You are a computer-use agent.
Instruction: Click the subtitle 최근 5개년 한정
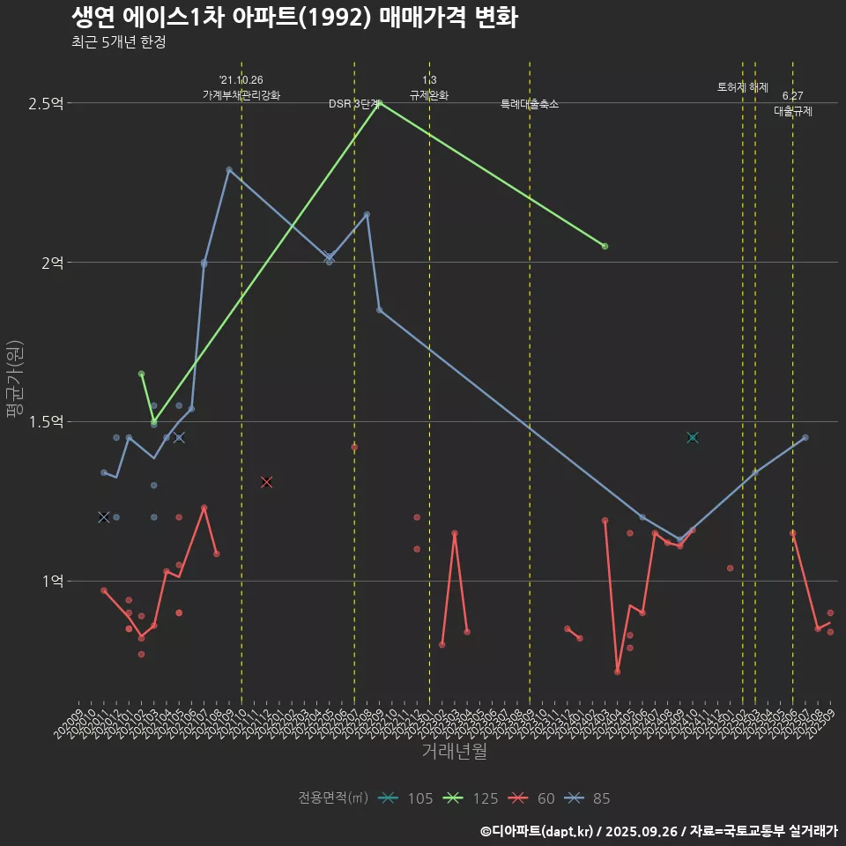[118, 42]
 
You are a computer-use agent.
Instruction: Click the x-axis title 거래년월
[454, 751]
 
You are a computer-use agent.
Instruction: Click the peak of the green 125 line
[379, 103]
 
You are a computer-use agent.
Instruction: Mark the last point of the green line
[605, 246]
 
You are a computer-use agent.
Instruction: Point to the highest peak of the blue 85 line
[228, 169]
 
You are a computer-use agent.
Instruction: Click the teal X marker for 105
[693, 437]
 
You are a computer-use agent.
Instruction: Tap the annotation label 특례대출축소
[530, 104]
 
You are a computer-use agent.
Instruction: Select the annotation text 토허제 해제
[743, 87]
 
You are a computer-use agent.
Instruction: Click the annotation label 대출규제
[793, 112]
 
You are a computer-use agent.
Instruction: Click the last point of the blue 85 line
[805, 437]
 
